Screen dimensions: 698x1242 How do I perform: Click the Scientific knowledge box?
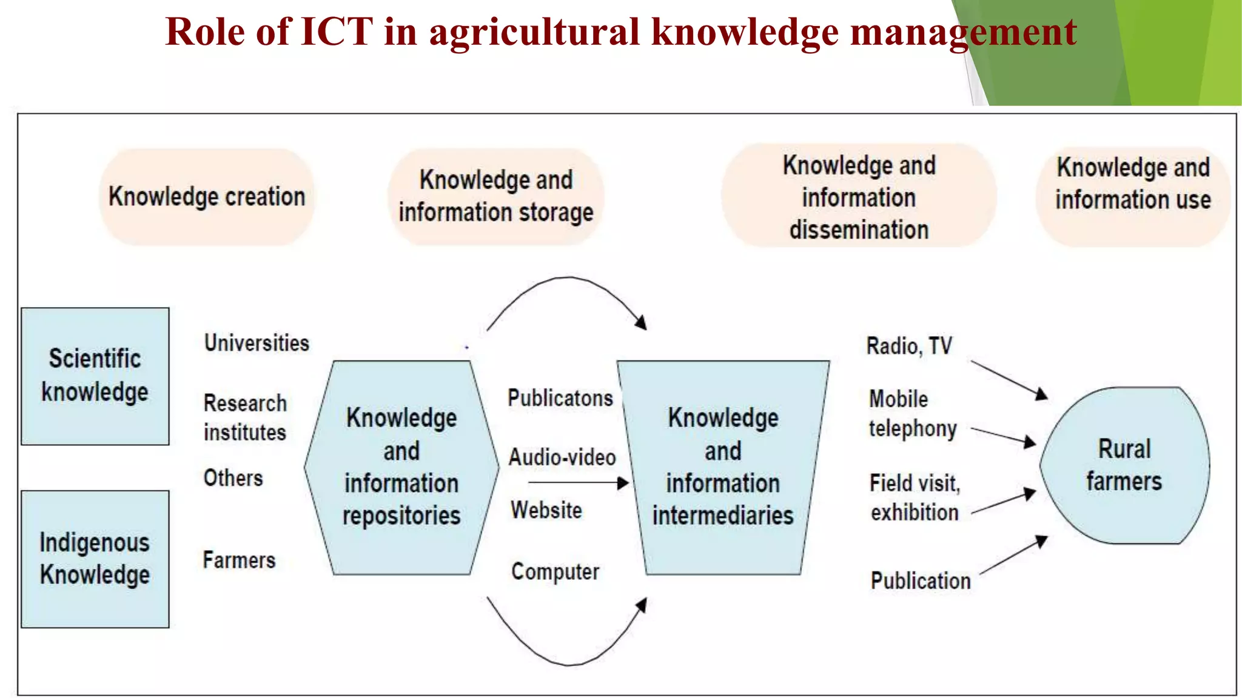95,376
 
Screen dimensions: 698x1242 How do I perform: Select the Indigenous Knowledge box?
95,559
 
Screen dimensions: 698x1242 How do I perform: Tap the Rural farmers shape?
1124,465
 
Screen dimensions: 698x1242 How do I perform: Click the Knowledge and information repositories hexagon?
401,467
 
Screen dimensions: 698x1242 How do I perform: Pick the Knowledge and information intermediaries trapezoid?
723,467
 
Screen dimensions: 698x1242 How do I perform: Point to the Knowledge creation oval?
207,197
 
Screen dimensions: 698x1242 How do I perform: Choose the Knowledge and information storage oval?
496,196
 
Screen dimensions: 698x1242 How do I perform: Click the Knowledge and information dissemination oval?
859,197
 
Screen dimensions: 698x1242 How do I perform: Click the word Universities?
257,343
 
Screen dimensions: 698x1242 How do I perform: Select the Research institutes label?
245,417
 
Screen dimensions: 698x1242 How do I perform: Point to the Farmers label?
239,560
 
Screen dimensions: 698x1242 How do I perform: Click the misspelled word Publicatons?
560,398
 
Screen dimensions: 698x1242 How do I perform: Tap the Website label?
546,510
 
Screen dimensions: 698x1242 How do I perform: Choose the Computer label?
555,571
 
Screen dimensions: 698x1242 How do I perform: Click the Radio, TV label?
909,346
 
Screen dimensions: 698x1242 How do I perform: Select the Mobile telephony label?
912,413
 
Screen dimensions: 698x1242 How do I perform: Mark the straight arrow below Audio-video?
578,483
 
